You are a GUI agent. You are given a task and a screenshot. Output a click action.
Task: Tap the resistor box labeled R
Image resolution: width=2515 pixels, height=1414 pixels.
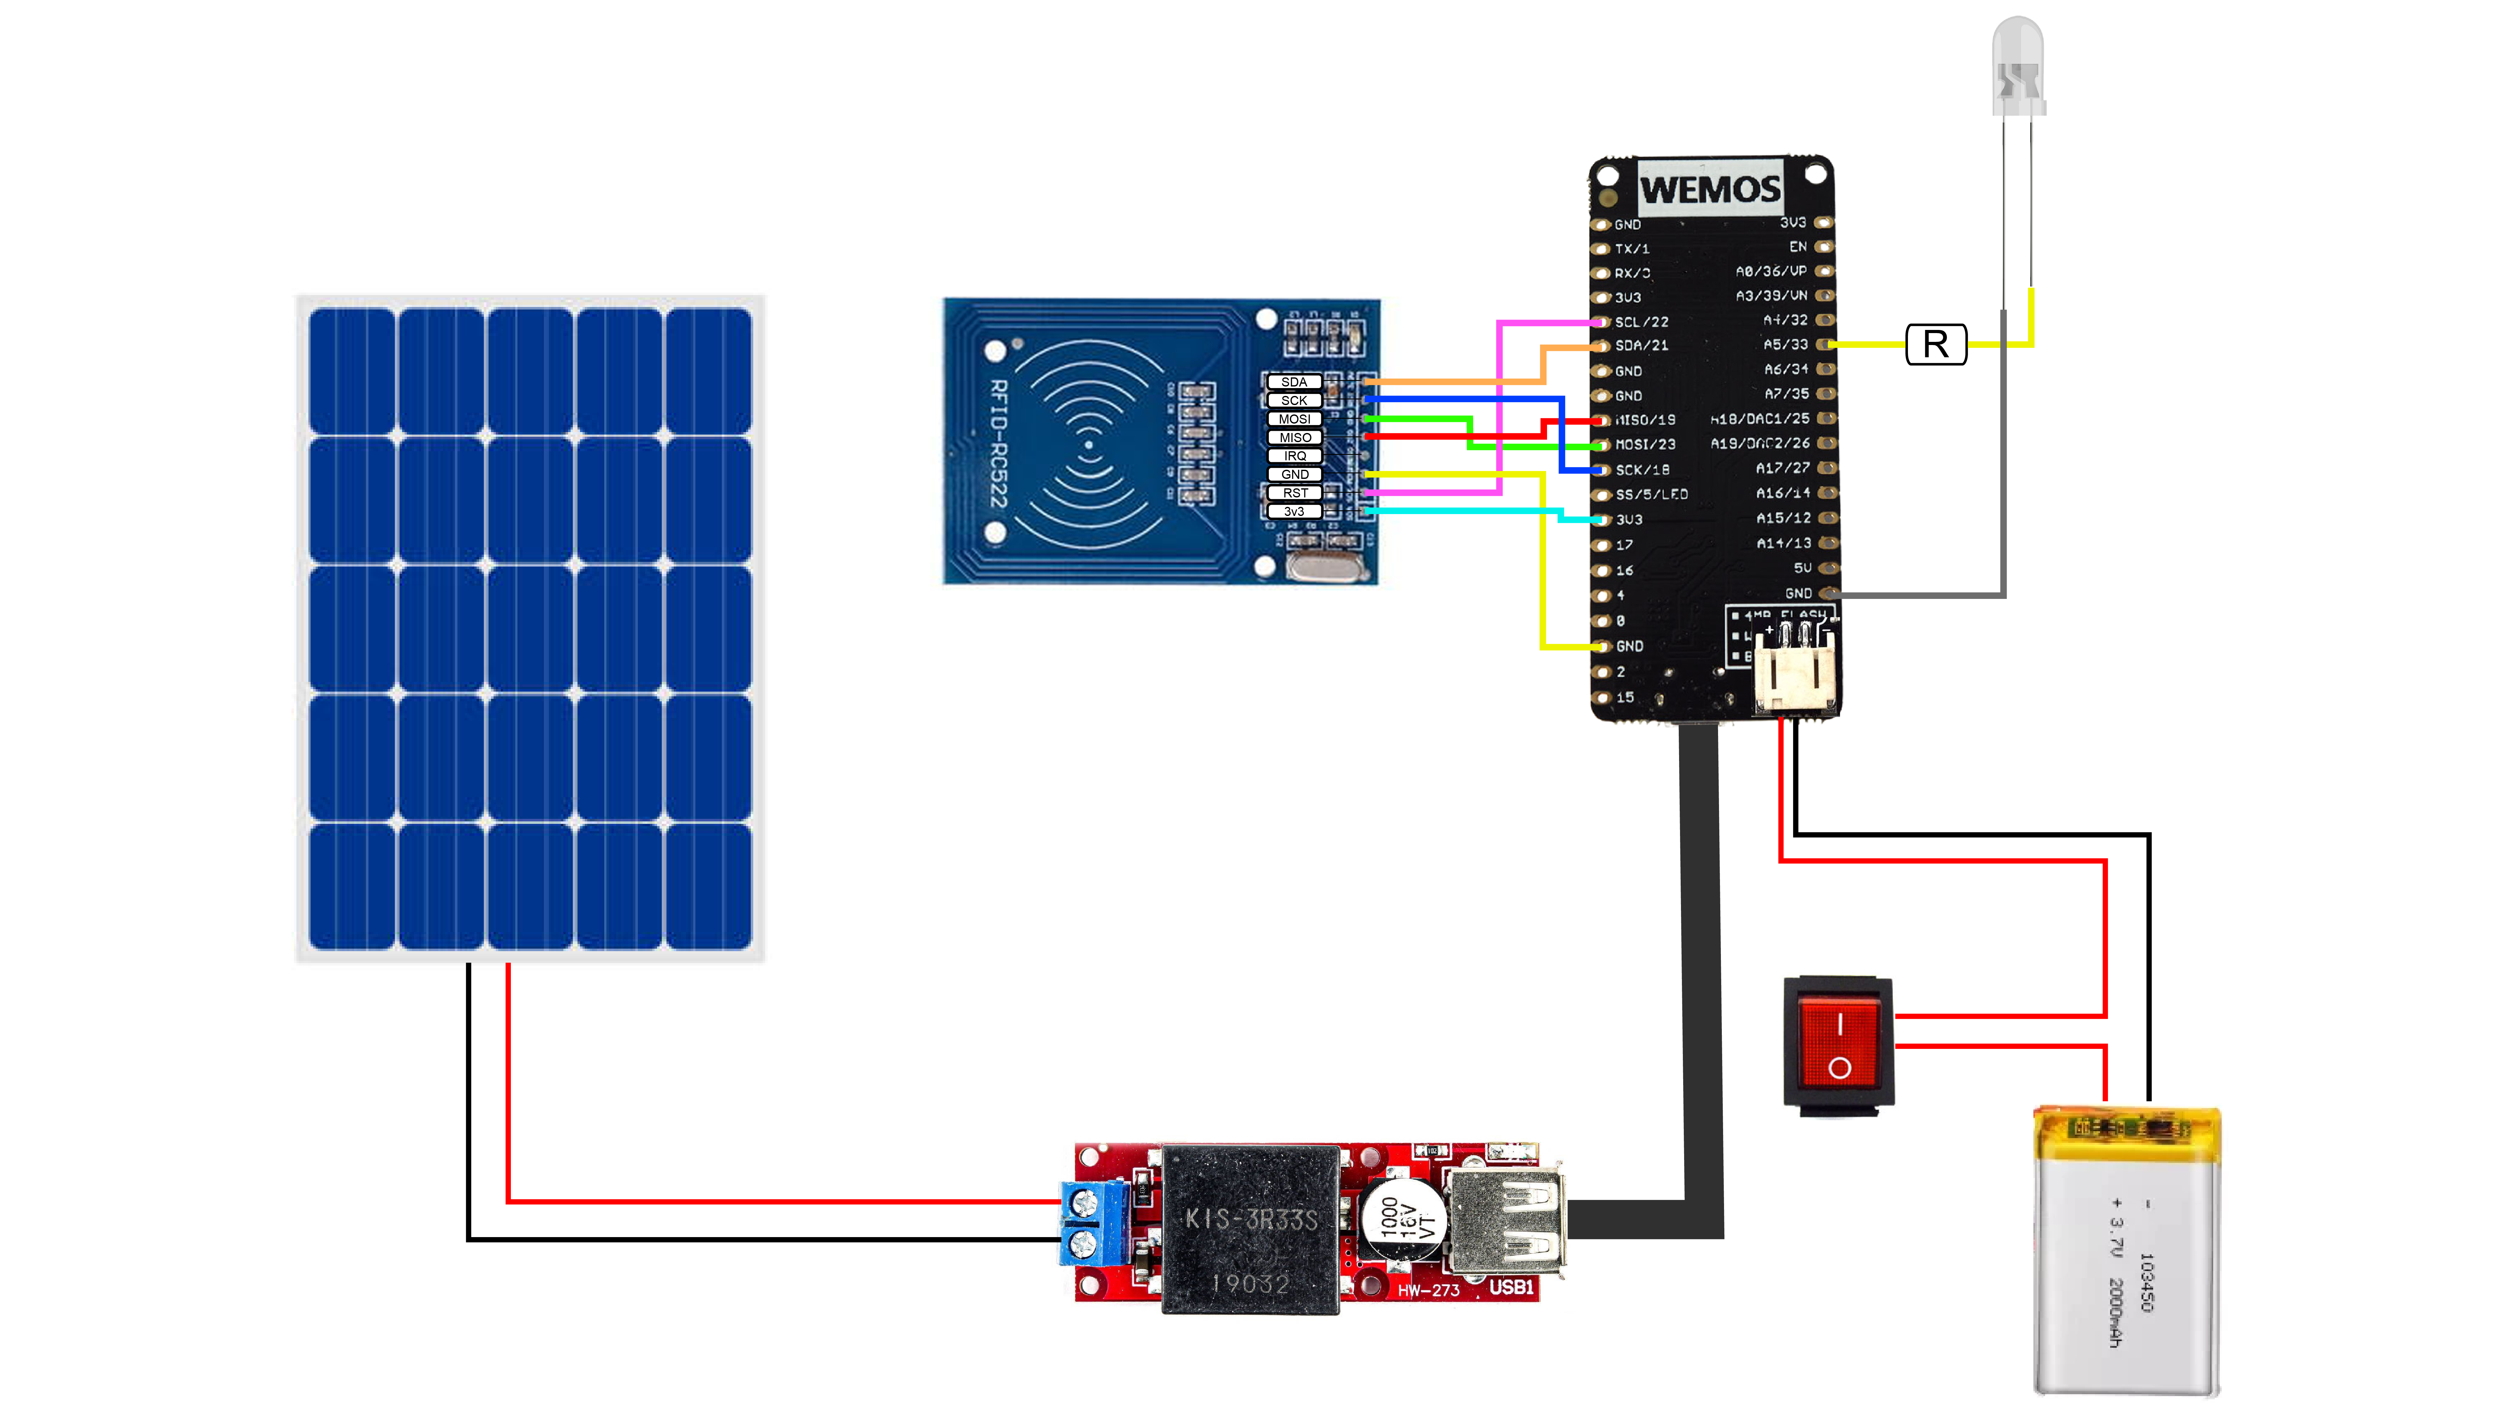1935,344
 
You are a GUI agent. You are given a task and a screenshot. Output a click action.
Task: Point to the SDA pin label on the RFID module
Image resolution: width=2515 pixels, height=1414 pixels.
1294,381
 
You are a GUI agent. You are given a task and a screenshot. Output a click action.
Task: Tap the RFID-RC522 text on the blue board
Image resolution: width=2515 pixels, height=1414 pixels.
998,444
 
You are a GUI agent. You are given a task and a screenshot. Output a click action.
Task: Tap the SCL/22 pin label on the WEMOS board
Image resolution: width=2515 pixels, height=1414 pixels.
1641,322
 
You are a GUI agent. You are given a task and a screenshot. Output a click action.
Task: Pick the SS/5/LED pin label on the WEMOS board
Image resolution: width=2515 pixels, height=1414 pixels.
1651,495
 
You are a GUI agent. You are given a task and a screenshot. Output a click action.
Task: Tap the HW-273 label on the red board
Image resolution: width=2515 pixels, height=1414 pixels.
1427,1290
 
